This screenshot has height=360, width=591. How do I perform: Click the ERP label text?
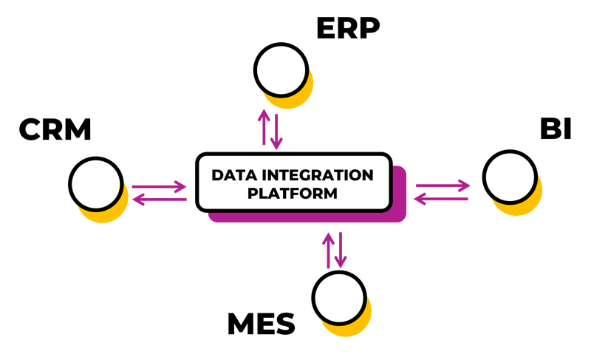[x=347, y=29]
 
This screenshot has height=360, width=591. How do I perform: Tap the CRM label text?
[x=55, y=130]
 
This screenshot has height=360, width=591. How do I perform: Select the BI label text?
[x=556, y=129]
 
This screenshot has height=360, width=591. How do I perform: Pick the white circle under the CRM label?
[x=96, y=183]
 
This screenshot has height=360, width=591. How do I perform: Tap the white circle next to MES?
[x=339, y=297]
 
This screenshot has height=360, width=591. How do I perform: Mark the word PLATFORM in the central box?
[x=293, y=194]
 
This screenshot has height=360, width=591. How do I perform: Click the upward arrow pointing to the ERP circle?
[x=263, y=127]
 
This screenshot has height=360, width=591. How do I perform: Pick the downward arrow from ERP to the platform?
[x=276, y=130]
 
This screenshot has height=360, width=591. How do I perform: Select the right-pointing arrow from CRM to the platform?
[x=157, y=186]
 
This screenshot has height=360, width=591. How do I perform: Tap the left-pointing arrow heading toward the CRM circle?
[x=157, y=199]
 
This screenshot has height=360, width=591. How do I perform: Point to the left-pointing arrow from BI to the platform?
[x=441, y=199]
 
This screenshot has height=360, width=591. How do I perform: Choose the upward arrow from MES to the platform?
[x=327, y=249]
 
